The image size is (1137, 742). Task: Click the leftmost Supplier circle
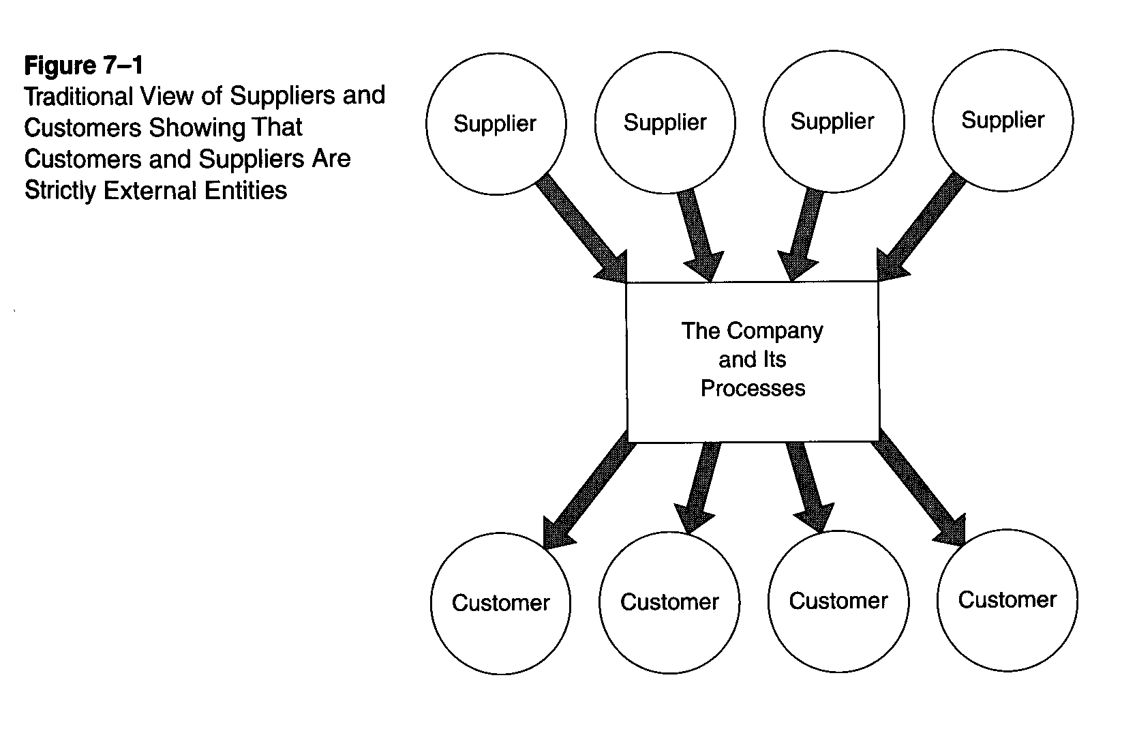(496, 124)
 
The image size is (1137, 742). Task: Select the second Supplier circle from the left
(665, 123)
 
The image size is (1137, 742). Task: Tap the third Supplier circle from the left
(833, 121)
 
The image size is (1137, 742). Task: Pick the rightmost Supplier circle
(1002, 120)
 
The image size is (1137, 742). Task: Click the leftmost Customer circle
(500, 603)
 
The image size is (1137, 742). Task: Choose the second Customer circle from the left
(669, 602)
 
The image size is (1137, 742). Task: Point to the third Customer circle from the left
(838, 600)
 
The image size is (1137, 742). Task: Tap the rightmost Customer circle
(1007, 599)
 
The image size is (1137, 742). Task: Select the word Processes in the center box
(753, 388)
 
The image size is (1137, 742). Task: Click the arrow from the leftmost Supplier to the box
(579, 225)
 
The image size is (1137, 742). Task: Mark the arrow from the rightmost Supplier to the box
(924, 225)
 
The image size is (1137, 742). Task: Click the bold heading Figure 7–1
(83, 65)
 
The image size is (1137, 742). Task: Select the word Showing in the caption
(194, 128)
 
